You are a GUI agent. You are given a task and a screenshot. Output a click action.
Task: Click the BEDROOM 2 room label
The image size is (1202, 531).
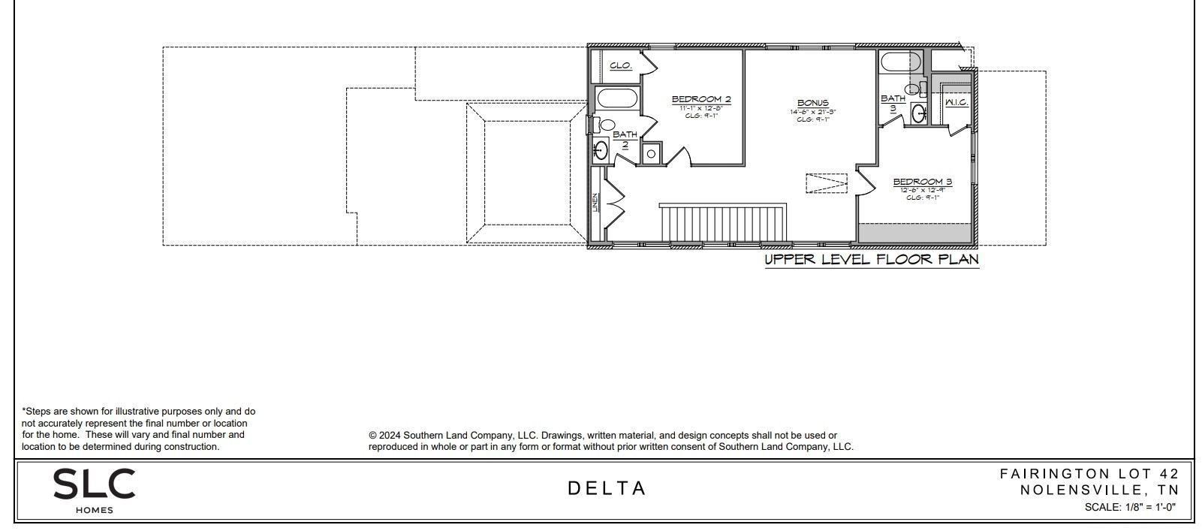point(700,99)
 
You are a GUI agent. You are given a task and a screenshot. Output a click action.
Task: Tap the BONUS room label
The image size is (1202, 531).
point(812,103)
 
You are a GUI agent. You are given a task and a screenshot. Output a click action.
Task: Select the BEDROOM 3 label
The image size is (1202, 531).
point(922,182)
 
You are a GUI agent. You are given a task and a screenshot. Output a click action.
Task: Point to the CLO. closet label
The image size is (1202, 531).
point(620,65)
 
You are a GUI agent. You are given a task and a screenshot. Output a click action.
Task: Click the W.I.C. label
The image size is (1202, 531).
point(956,101)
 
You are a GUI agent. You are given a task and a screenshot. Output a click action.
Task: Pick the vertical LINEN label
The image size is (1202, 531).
point(595,202)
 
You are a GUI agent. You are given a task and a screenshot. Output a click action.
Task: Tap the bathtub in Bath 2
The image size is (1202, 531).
point(617,98)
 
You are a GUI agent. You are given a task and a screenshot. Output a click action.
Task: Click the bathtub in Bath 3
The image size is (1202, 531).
point(900,62)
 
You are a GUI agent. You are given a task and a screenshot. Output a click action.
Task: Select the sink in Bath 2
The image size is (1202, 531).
point(600,150)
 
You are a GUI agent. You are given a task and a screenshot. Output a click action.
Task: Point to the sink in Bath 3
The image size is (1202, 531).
point(918,114)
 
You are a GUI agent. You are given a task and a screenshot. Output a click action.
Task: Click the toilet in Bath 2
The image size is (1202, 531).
point(605,125)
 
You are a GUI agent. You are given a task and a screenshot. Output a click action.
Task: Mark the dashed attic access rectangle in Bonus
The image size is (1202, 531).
point(827,183)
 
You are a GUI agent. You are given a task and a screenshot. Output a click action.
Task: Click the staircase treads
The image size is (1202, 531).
point(722,223)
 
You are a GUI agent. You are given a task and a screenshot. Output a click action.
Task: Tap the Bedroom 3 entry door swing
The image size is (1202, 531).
point(865,181)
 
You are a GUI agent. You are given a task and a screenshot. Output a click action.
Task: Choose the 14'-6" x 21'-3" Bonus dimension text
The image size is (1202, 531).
point(812,112)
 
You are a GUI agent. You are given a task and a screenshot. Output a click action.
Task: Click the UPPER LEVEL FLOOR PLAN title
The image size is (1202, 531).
point(871,260)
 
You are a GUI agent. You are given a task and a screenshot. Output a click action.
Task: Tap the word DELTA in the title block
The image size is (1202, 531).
point(607,488)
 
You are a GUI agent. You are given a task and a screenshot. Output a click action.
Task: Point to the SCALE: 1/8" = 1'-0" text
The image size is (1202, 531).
point(1129,507)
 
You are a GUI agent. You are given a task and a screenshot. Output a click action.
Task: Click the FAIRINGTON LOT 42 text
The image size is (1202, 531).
point(1089,473)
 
